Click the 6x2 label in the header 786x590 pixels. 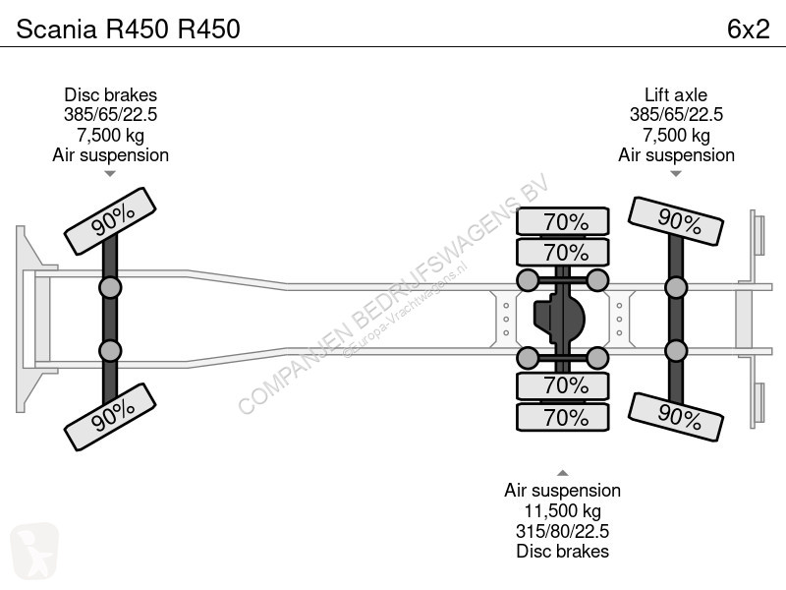click(x=748, y=29)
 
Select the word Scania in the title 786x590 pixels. click(x=56, y=29)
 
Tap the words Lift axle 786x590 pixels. click(x=676, y=94)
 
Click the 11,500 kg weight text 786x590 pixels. click(x=562, y=510)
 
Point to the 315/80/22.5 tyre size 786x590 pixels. click(x=562, y=531)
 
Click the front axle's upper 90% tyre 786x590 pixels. click(x=110, y=220)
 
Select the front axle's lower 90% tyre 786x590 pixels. click(x=110, y=416)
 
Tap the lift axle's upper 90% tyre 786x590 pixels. click(x=676, y=221)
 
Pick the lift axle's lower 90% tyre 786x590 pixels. click(x=676, y=417)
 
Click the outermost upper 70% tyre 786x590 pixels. click(x=563, y=221)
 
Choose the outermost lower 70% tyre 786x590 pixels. click(x=563, y=417)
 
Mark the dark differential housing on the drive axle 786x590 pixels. click(x=559, y=319)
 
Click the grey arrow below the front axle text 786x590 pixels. click(x=110, y=174)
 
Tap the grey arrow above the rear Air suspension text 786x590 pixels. click(x=563, y=473)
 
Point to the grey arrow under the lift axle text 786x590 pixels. click(x=676, y=174)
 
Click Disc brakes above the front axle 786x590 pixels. click(x=110, y=94)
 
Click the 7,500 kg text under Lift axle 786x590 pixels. click(x=676, y=135)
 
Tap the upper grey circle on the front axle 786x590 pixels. click(x=110, y=288)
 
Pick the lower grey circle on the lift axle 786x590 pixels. click(x=676, y=351)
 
